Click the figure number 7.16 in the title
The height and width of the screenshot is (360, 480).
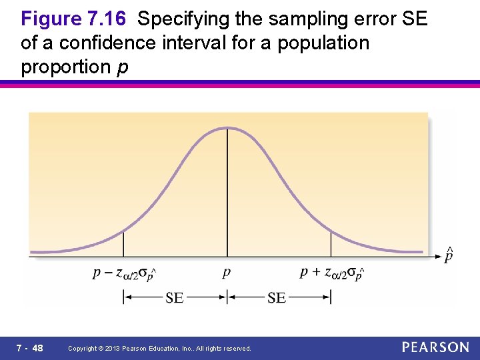(106, 19)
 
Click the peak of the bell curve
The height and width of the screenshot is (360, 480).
(227, 127)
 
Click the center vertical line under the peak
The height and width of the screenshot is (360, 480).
(227, 193)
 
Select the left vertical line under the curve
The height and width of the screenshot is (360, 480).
(123, 243)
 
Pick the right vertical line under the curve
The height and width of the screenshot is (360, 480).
(331, 243)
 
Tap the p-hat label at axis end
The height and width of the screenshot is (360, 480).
(450, 255)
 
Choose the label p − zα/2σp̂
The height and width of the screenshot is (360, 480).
(125, 273)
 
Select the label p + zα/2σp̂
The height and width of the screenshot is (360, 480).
(332, 273)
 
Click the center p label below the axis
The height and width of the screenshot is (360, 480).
(227, 273)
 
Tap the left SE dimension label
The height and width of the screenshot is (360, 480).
(175, 297)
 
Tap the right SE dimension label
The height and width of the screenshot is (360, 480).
(277, 297)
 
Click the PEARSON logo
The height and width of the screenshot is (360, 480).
(435, 347)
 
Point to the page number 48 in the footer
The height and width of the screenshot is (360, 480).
(37, 348)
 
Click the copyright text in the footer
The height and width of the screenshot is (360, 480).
(160, 349)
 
